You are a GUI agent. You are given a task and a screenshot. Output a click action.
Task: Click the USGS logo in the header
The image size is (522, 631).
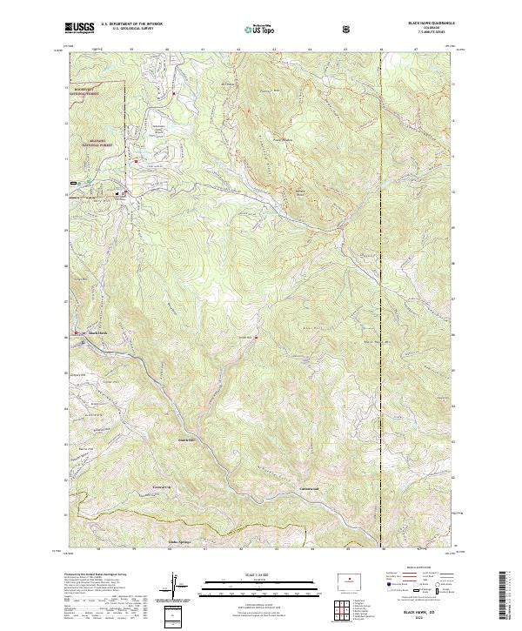(78, 28)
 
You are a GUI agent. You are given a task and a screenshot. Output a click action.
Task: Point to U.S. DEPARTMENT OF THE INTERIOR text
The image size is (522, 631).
(131, 24)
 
